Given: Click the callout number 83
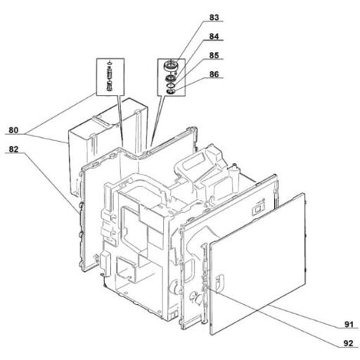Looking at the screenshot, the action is point(214,18).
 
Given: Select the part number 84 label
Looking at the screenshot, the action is point(214,36).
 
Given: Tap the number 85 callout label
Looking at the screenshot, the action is point(214,55).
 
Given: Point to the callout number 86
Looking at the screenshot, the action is point(214,74).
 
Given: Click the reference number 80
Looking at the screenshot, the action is point(14,130).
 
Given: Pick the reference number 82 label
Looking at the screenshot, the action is point(14,149).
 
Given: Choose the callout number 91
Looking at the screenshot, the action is point(349,325).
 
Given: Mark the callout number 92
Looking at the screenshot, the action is point(349,343).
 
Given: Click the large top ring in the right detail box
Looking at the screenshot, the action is point(171,65).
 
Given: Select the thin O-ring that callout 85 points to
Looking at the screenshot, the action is point(170,84).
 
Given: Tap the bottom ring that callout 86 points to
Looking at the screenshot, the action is point(170,90).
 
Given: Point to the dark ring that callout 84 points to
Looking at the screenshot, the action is point(170,77).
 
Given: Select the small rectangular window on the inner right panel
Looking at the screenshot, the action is point(257,210).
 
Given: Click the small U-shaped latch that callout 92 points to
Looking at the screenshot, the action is point(221,283).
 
